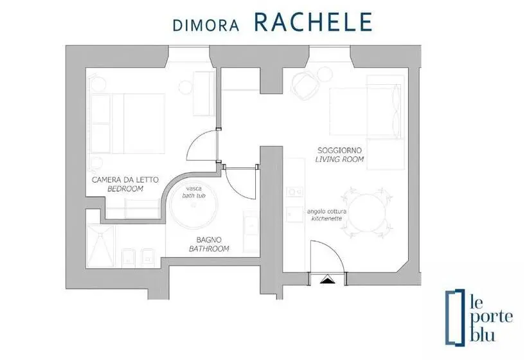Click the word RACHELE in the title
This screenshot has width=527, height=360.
(x=313, y=22)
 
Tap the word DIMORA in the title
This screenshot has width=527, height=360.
(x=206, y=26)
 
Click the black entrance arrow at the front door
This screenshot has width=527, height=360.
(x=328, y=279)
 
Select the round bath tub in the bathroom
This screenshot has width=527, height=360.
(x=193, y=204)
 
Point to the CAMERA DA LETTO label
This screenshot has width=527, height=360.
(x=125, y=180)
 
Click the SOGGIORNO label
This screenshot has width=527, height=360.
(x=340, y=150)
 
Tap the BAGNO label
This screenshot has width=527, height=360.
(x=209, y=240)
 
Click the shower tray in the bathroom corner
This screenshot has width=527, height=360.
(x=101, y=246)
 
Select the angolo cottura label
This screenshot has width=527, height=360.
(x=326, y=212)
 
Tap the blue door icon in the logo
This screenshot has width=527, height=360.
(x=455, y=318)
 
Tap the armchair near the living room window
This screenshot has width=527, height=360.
(x=305, y=85)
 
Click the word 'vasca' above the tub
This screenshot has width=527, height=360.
(x=194, y=188)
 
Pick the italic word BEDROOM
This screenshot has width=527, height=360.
(x=125, y=189)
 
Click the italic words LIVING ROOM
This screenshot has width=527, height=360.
(x=340, y=159)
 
